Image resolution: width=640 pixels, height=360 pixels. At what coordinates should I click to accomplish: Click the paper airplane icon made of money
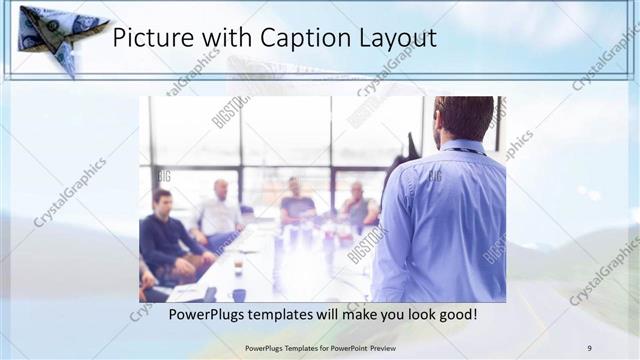pos(57,35)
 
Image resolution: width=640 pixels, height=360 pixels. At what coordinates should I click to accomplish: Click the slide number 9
pos(589,347)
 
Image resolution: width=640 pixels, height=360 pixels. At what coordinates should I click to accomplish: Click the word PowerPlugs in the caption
pos(207,314)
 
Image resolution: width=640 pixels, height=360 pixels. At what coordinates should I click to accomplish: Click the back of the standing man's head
pos(462,118)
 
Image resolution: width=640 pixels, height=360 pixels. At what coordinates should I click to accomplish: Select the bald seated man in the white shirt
pos(220,210)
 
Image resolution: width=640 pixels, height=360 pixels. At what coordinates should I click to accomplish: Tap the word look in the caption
pos(414,314)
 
